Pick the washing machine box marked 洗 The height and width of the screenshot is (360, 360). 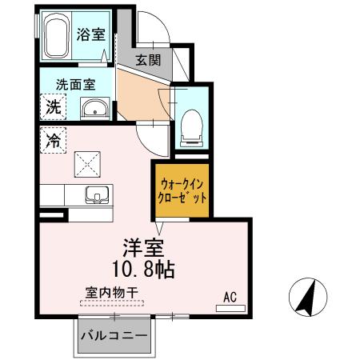click(51, 105)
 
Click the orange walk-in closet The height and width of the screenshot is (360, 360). click(182, 190)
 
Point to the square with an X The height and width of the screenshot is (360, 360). click(86, 164)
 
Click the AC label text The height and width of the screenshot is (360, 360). click(230, 297)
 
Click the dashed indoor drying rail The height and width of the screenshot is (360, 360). click(112, 303)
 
